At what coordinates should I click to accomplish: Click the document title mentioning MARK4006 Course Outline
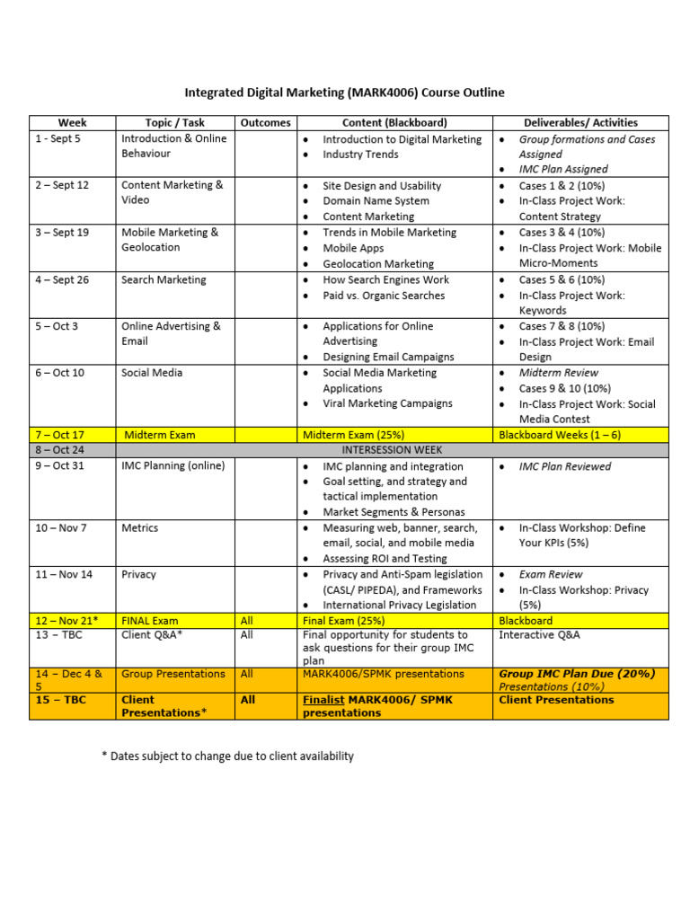pyautogui.click(x=344, y=92)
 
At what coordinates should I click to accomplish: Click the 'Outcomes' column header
pyautogui.click(x=265, y=123)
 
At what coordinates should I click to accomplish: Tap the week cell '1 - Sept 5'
pyautogui.click(x=57, y=139)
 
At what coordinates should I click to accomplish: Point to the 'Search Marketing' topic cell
pyautogui.click(x=164, y=280)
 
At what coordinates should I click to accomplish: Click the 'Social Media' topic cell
pyautogui.click(x=152, y=373)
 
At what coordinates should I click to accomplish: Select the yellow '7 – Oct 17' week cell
pyautogui.click(x=59, y=435)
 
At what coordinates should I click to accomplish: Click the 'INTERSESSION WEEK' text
pyautogui.click(x=392, y=450)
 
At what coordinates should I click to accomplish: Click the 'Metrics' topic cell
pyautogui.click(x=140, y=528)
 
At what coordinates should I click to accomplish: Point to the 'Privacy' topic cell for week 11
pyautogui.click(x=138, y=575)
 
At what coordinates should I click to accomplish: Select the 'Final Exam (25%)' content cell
pyautogui.click(x=343, y=621)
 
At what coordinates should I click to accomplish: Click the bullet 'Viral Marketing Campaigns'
pyautogui.click(x=387, y=404)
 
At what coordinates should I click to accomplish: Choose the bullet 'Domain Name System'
pyautogui.click(x=376, y=201)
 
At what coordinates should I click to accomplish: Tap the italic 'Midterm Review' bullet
pyautogui.click(x=558, y=373)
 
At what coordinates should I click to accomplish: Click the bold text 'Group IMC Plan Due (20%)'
pyautogui.click(x=577, y=674)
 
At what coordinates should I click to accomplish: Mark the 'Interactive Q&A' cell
pyautogui.click(x=539, y=635)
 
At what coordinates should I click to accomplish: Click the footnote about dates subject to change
pyautogui.click(x=228, y=756)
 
